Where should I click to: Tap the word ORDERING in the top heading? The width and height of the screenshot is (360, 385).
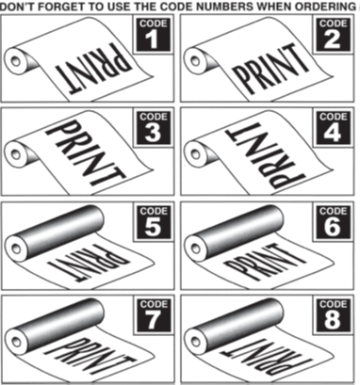click(324, 6)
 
